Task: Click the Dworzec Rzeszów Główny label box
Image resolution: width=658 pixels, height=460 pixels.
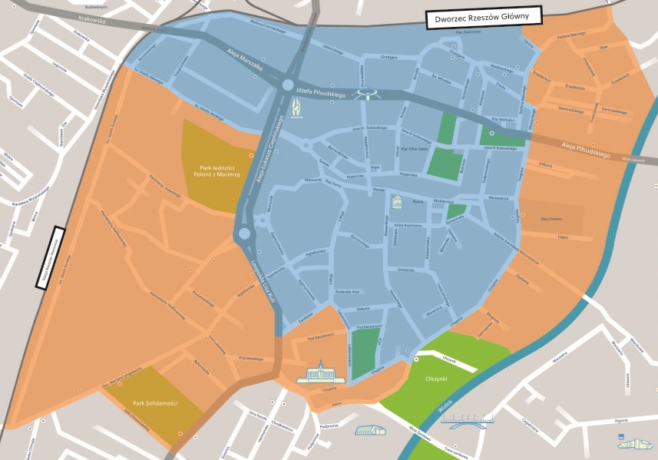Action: pos(484,18)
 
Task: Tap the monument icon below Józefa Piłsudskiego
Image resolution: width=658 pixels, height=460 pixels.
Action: pos(295,111)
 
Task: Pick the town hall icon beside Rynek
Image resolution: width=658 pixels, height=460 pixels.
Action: pos(397,203)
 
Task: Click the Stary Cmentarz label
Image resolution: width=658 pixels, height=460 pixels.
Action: pos(551,219)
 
